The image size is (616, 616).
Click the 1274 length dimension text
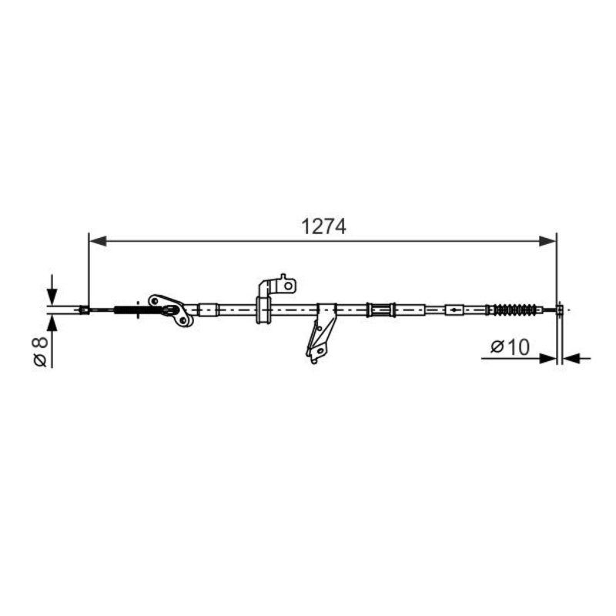(323, 227)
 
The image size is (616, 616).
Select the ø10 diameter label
(510, 346)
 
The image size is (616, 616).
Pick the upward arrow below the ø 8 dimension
(52, 323)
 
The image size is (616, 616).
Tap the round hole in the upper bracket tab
(288, 286)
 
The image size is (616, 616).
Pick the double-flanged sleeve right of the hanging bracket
(381, 310)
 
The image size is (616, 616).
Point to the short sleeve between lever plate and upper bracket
(209, 310)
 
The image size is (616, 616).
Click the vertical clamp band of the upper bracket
(263, 308)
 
